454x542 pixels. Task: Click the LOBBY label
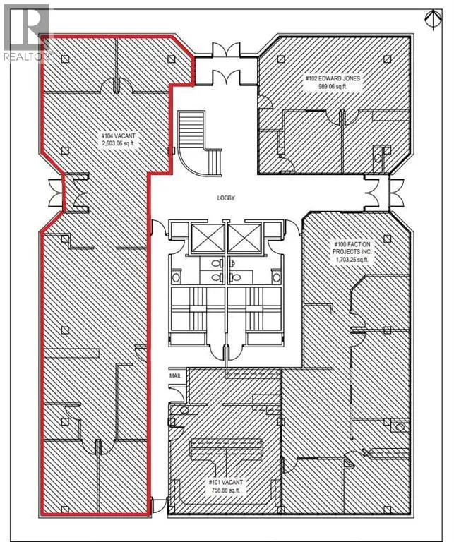226,198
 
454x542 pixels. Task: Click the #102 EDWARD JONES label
333,78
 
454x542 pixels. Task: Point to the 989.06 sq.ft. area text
333,86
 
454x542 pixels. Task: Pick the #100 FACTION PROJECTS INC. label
352,248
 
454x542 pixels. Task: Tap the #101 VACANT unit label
225,482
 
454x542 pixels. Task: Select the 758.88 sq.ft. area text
225,490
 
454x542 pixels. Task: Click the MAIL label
175,375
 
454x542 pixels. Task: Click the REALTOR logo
27,33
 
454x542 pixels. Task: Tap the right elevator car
244,238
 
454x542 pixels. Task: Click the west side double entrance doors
56,193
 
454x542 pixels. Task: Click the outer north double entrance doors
226,49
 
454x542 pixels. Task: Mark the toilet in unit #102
378,158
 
